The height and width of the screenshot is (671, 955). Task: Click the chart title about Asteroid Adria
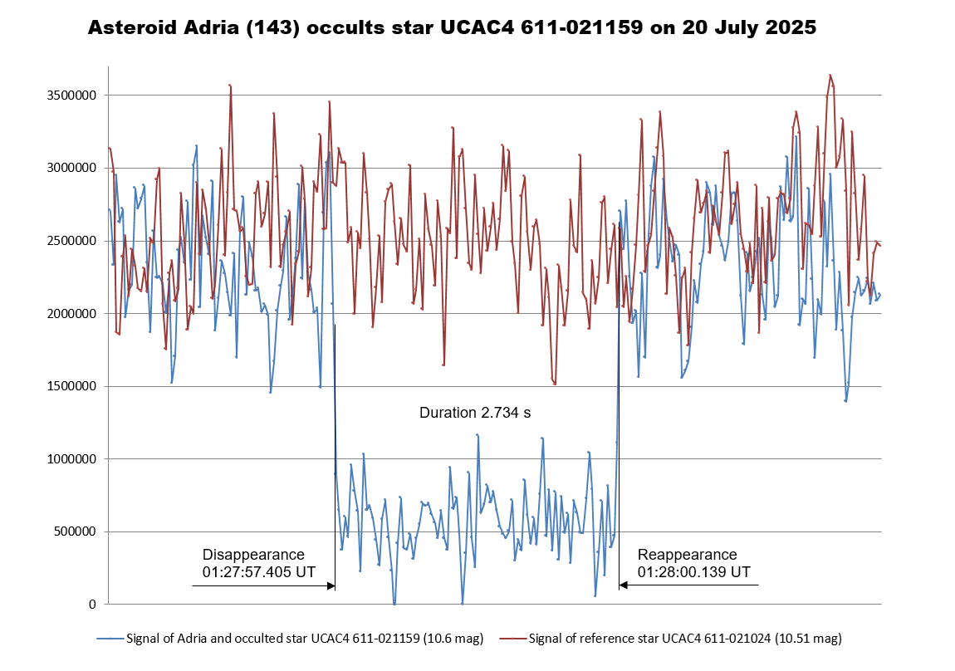[452, 28]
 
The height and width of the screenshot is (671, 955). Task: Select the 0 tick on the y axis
[93, 605]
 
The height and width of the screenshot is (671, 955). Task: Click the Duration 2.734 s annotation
[475, 413]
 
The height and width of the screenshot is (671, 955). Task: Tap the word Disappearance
[253, 555]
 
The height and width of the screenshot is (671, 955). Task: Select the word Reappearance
[687, 555]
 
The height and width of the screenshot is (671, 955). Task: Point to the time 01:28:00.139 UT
[694, 572]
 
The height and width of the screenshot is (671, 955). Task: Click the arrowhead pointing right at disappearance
[331, 586]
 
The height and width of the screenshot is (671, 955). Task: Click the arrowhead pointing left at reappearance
[624, 586]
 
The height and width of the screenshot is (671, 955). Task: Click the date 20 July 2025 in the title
[749, 28]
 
